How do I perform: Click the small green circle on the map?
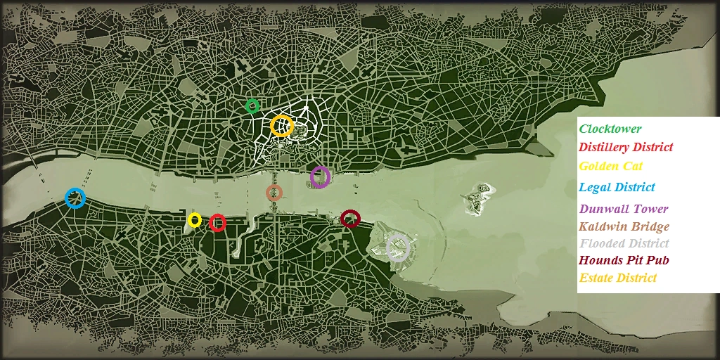[x=252, y=106]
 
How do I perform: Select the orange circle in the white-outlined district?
[x=281, y=126]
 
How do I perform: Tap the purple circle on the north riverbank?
[x=320, y=177]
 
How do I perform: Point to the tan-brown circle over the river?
[x=274, y=192]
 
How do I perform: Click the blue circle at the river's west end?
[x=75, y=198]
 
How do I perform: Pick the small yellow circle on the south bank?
[x=195, y=220]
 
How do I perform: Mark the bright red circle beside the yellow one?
[x=217, y=223]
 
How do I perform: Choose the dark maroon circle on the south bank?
[x=350, y=219]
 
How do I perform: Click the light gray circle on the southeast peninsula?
[x=397, y=248]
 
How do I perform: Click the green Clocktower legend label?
[x=610, y=129]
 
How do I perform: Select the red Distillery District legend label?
[x=625, y=147]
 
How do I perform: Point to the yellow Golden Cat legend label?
[x=610, y=166]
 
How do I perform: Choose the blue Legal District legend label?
[x=617, y=187]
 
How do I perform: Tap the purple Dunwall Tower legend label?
[x=623, y=209]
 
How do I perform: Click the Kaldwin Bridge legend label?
[x=624, y=226]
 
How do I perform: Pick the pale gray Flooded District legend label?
[x=624, y=243]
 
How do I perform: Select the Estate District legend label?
[x=617, y=278]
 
